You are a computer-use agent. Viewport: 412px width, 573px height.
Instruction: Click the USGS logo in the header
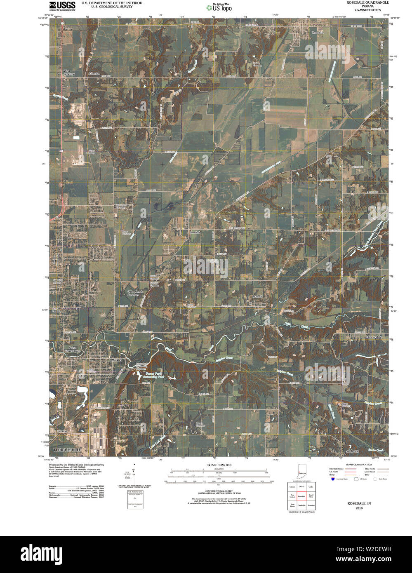[x=62, y=5]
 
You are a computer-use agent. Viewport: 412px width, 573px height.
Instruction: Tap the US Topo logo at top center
[x=219, y=7]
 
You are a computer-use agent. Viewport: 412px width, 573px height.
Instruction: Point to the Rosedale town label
[x=318, y=32]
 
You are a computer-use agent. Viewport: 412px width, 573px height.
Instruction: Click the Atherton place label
[x=94, y=74]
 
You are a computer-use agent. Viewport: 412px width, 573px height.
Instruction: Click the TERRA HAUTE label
[x=66, y=449]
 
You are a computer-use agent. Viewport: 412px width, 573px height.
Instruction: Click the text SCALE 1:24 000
[x=219, y=465]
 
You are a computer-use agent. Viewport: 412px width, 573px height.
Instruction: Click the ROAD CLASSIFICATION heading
[x=356, y=465]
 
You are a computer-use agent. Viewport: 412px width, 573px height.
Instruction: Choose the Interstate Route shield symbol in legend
[x=332, y=479]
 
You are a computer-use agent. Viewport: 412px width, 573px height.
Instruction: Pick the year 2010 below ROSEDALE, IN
[x=359, y=508]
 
